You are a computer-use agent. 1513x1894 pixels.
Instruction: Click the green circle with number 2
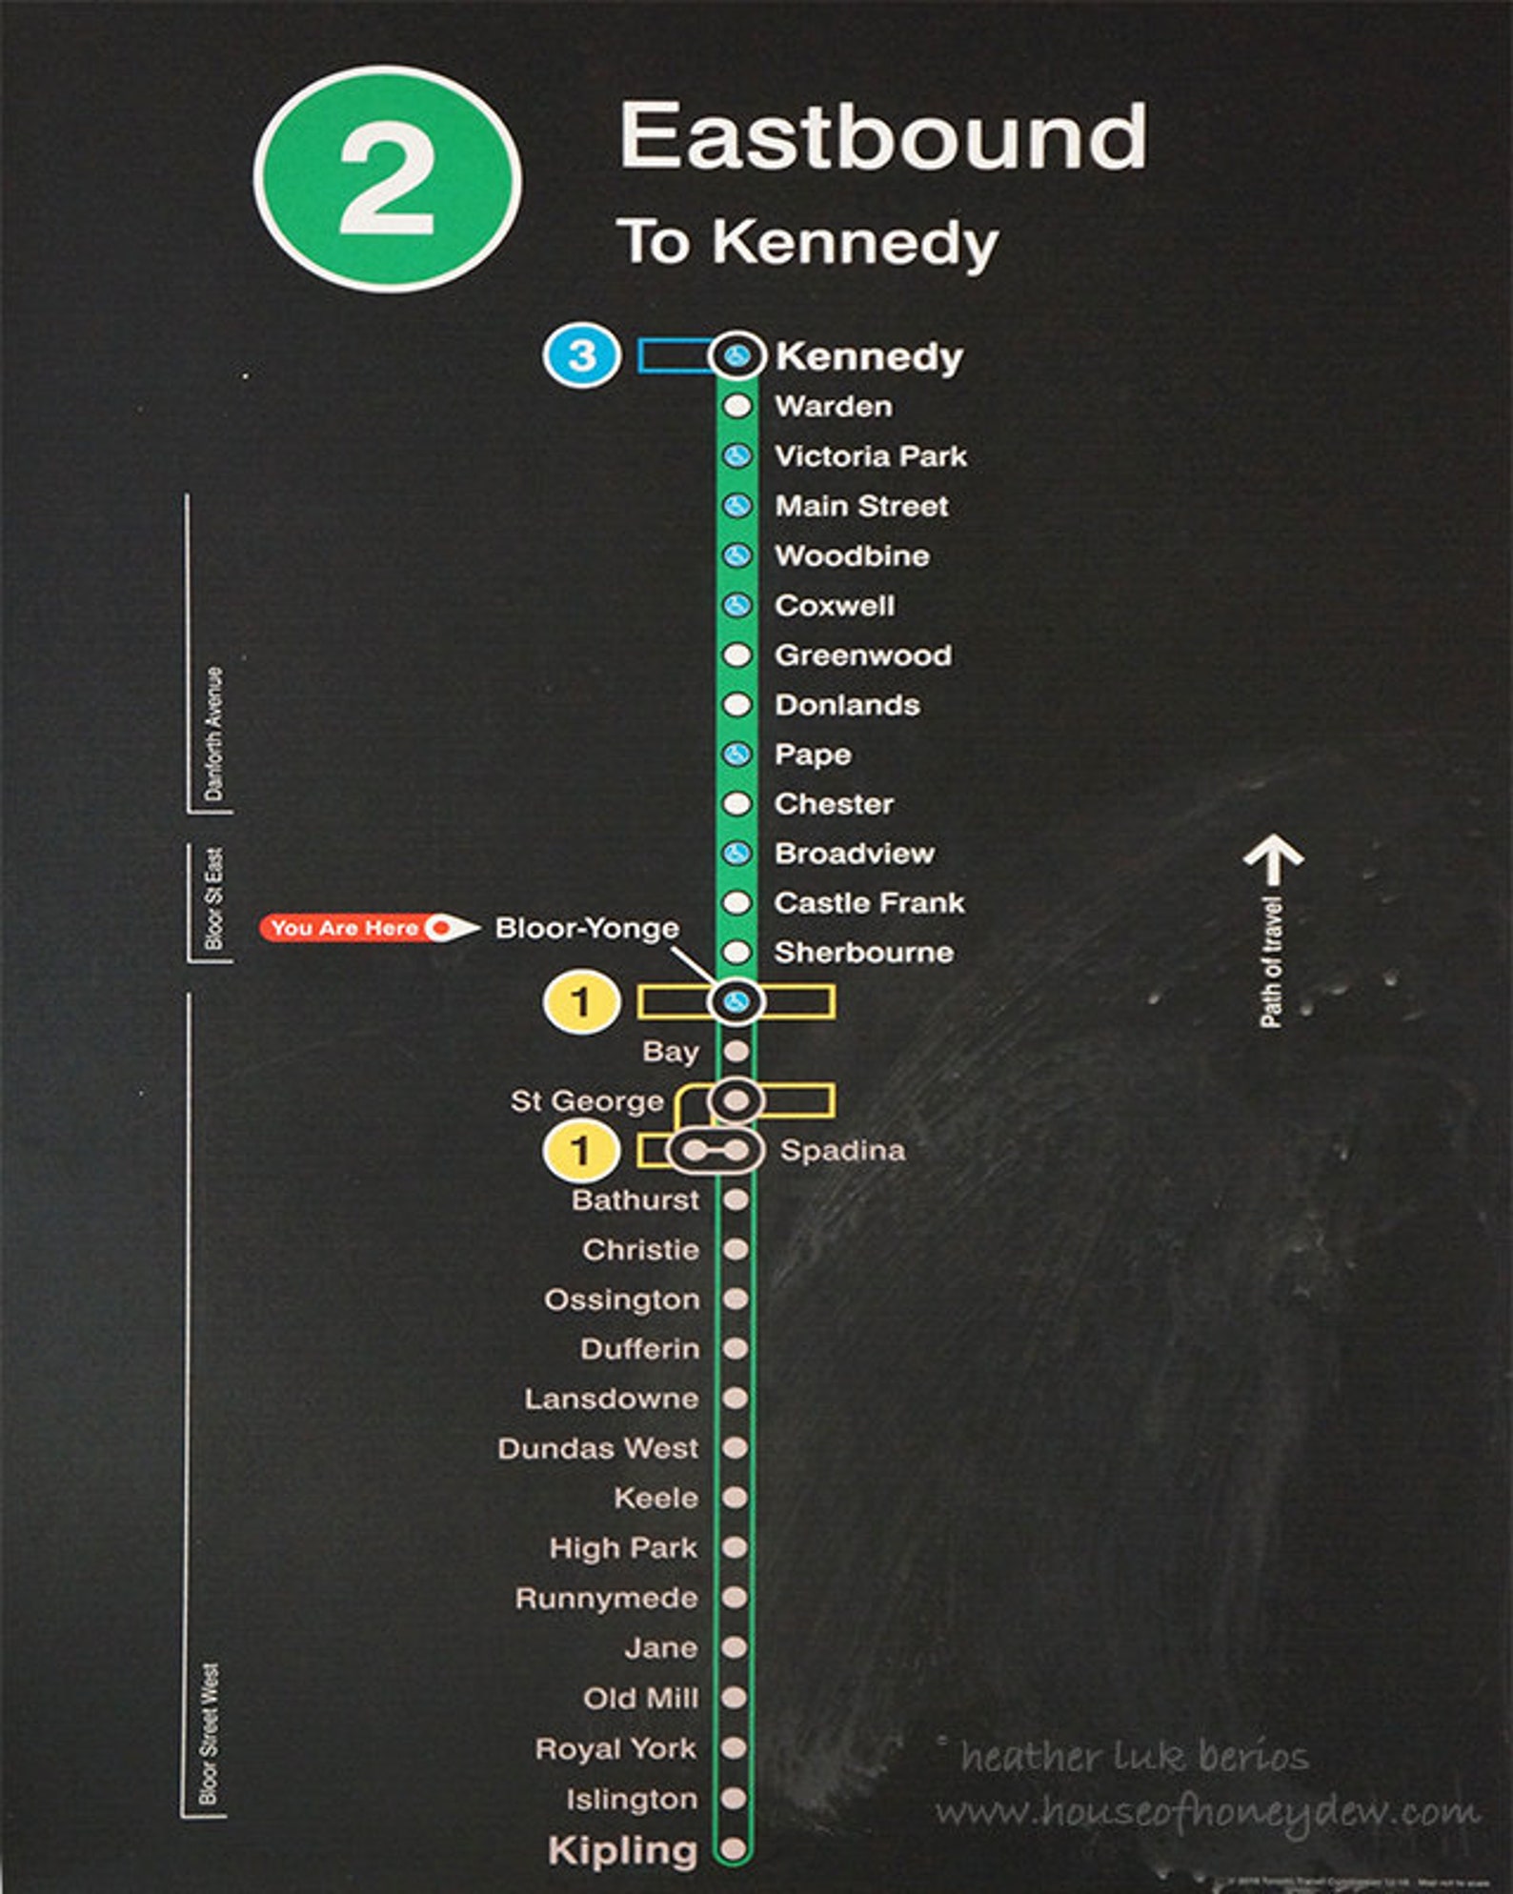[x=388, y=179]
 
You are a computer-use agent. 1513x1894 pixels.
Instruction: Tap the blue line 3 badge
[x=581, y=356]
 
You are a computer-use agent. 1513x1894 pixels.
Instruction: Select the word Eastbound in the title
[x=883, y=137]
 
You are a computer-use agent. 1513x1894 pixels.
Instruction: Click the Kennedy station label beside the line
[x=869, y=356]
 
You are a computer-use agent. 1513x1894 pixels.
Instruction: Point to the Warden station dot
[x=736, y=406]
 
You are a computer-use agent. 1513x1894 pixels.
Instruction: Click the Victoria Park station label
[x=870, y=456]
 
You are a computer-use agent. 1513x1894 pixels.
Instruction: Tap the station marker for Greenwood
[x=736, y=655]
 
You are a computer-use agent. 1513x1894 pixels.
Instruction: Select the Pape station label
[x=813, y=755]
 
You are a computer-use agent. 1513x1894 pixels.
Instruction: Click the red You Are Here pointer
[x=368, y=928]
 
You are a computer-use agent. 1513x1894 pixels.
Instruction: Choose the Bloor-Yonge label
[x=587, y=928]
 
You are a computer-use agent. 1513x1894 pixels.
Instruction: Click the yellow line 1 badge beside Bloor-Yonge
[x=580, y=1002]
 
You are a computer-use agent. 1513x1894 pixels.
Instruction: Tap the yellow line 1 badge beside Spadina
[x=580, y=1151]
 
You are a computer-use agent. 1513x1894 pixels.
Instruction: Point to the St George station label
[x=587, y=1101]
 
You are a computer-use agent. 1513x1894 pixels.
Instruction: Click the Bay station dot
[x=736, y=1052]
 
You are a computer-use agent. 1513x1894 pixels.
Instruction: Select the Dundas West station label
[x=598, y=1448]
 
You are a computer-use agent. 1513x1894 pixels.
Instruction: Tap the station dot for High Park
[x=735, y=1547]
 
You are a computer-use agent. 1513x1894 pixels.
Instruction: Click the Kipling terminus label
[x=622, y=1850]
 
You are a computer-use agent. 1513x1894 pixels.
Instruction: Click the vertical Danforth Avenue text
[x=214, y=734]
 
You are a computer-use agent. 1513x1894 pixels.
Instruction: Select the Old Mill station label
[x=640, y=1698]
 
